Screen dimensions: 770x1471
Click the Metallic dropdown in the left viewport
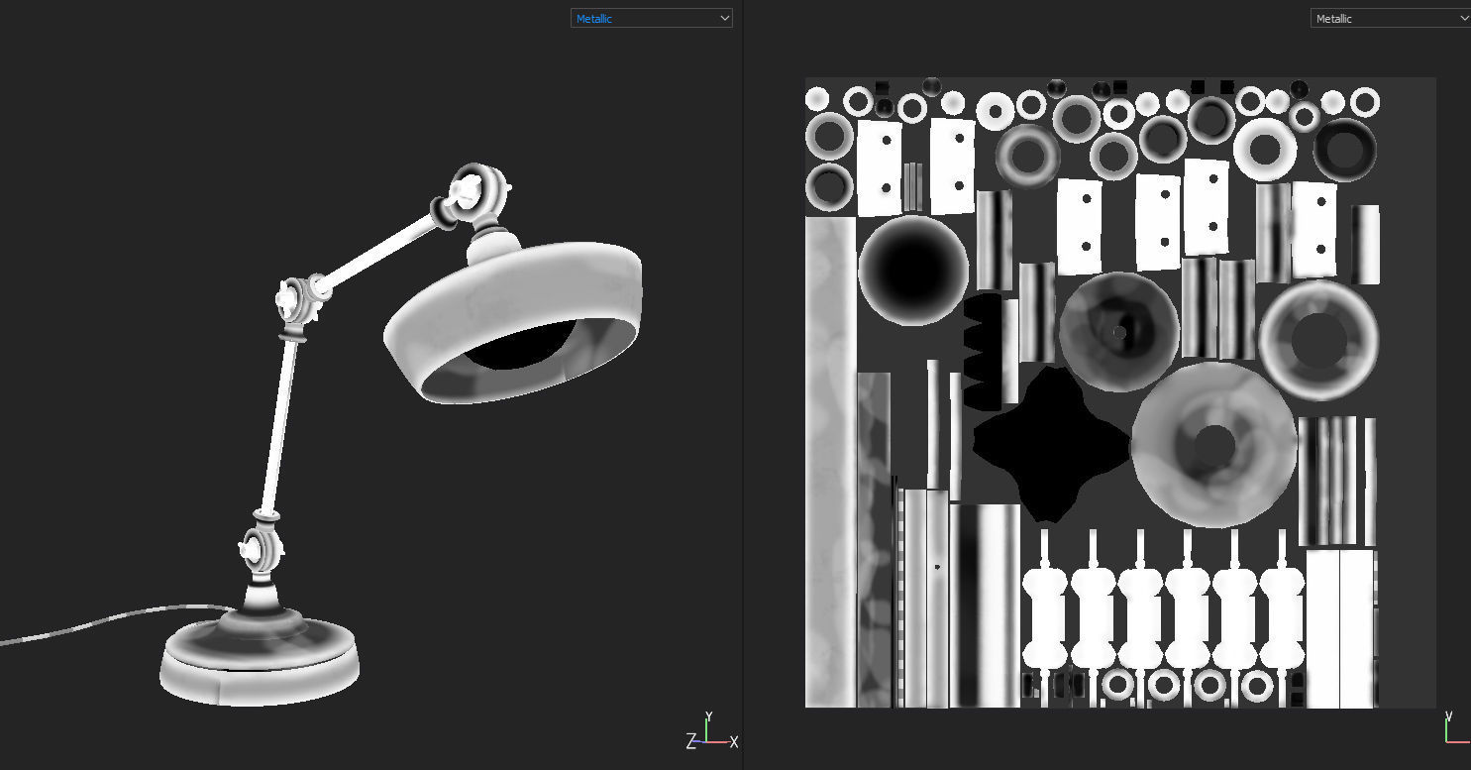click(x=651, y=18)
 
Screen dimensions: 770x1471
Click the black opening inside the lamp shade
click(x=515, y=347)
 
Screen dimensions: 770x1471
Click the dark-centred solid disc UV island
click(x=912, y=271)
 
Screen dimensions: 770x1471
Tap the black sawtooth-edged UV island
click(x=981, y=352)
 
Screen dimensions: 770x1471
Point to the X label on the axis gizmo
click(x=733, y=741)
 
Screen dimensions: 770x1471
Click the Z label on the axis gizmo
click(x=690, y=740)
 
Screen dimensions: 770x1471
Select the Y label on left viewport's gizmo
click(x=708, y=715)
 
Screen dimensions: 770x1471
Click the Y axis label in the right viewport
click(x=1449, y=715)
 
